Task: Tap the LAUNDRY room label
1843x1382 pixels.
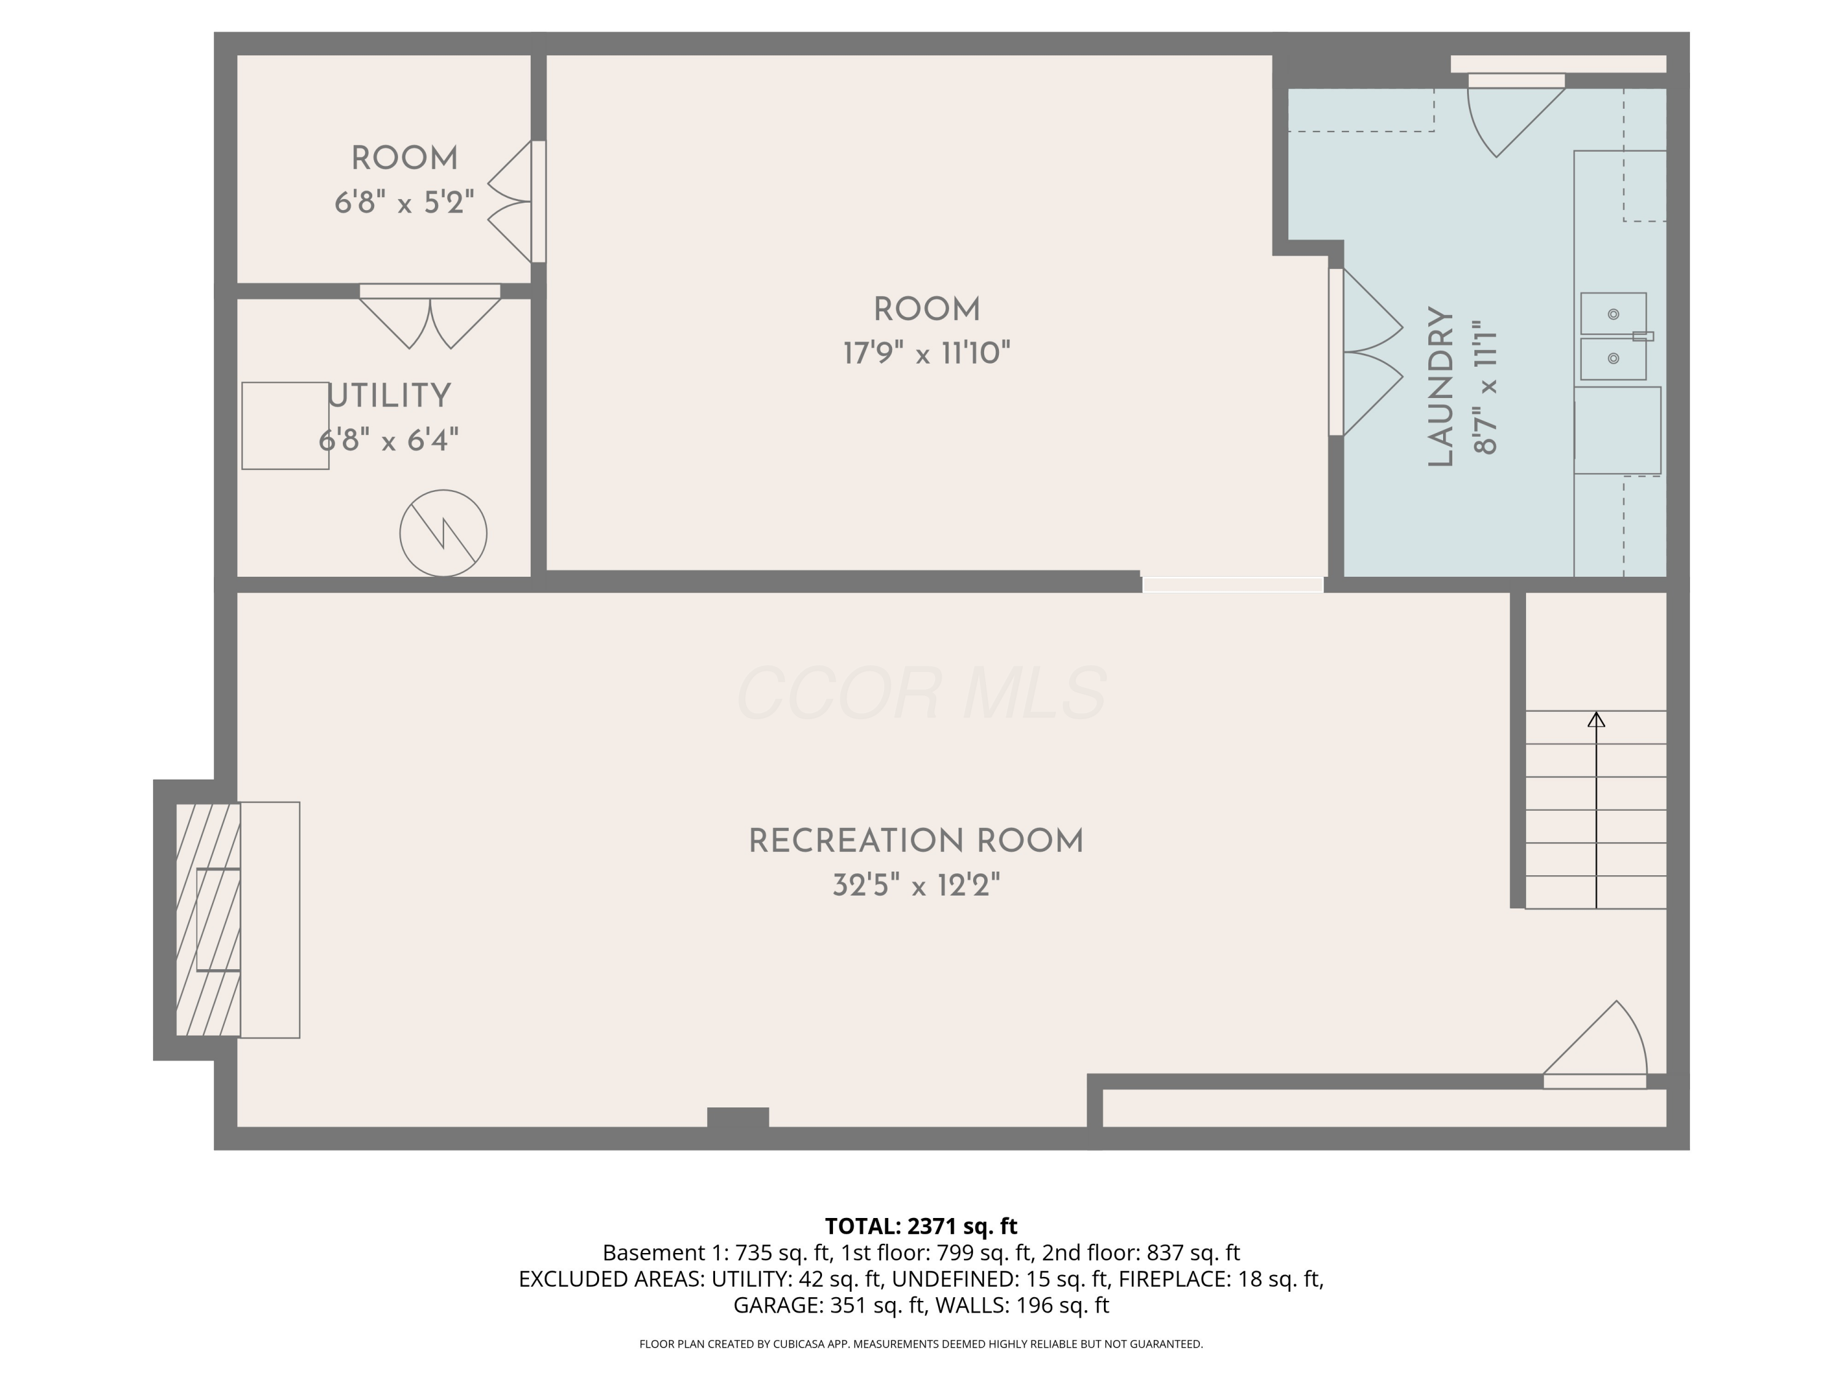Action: tap(1441, 386)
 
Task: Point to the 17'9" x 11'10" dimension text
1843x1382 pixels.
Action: tap(926, 353)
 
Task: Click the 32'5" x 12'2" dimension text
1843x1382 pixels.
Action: tap(916, 884)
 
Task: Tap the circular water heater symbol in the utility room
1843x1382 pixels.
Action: tap(444, 533)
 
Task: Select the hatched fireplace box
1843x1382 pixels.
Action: tap(208, 919)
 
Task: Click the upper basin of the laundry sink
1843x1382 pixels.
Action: tap(1613, 314)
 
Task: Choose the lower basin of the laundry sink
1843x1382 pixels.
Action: tap(1613, 358)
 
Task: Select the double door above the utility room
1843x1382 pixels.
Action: tap(430, 316)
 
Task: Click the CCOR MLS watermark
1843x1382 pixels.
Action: tap(921, 693)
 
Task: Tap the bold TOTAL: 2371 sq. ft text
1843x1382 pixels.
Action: tap(921, 1226)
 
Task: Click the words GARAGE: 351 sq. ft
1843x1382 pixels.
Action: tap(829, 1305)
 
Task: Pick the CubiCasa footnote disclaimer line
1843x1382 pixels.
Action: tap(921, 1344)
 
